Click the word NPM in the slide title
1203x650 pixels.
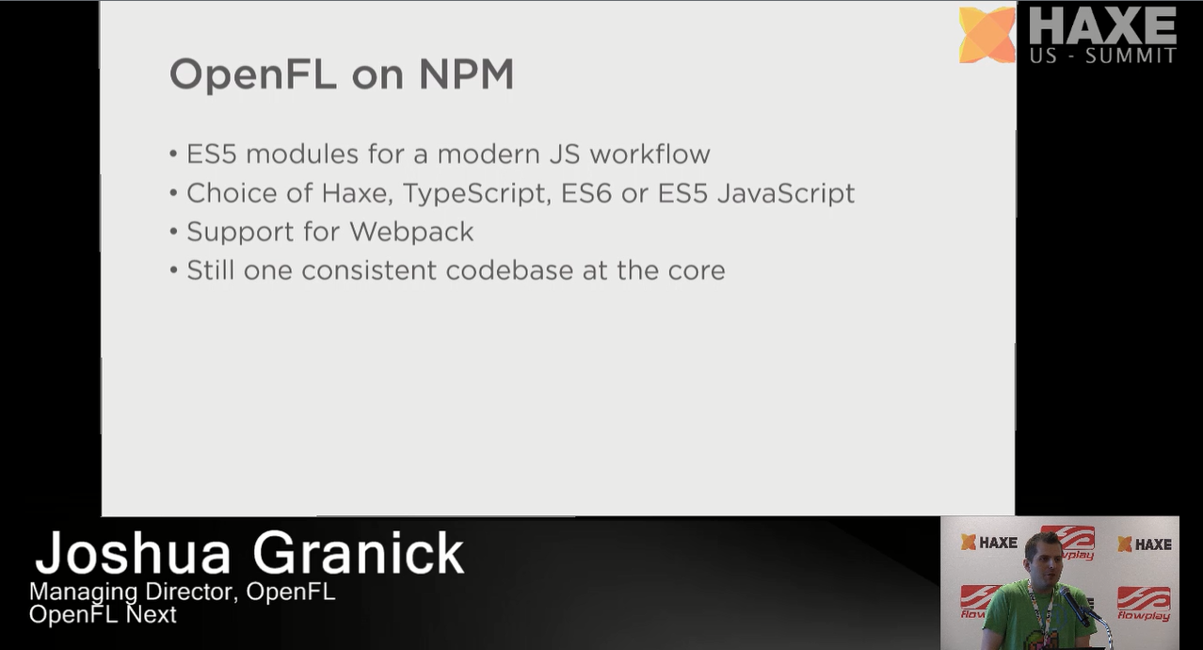pyautogui.click(x=466, y=73)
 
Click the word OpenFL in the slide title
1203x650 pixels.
pyautogui.click(x=253, y=74)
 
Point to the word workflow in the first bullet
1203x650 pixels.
pyautogui.click(x=650, y=154)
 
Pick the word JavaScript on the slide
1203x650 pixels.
pyautogui.click(x=786, y=193)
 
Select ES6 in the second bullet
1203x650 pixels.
pyautogui.click(x=585, y=193)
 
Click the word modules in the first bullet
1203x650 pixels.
pyautogui.click(x=302, y=154)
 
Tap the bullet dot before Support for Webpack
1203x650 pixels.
pyautogui.click(x=173, y=232)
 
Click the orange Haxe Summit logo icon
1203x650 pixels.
pyautogui.click(x=986, y=35)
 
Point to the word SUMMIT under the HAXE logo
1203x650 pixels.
pyautogui.click(x=1131, y=56)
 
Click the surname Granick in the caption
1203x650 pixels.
pyautogui.click(x=359, y=553)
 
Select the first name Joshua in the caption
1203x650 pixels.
pyautogui.click(x=133, y=553)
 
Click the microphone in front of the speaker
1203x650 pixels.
pyautogui.click(x=1074, y=606)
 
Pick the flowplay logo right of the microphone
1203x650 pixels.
pyautogui.click(x=1144, y=604)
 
